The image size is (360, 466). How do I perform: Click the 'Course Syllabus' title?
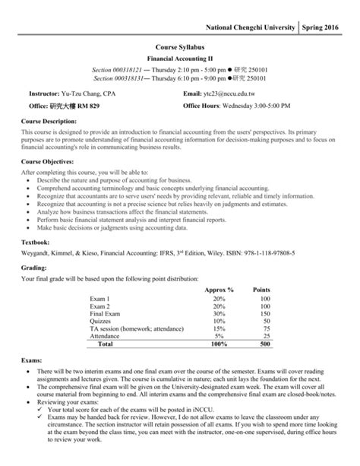181,46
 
